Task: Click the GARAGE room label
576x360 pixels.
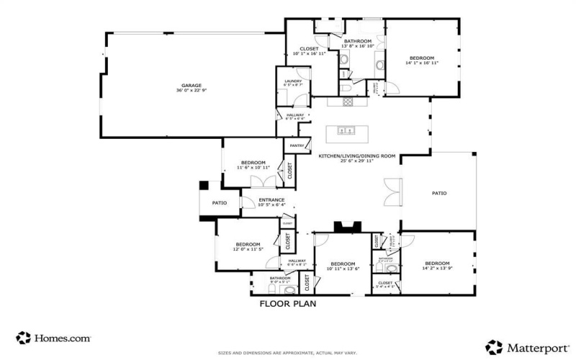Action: [191, 85]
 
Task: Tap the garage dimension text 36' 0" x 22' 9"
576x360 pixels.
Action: [191, 91]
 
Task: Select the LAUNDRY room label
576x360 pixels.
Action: [292, 81]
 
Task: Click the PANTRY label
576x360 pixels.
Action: [297, 145]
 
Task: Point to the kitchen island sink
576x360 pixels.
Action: [344, 131]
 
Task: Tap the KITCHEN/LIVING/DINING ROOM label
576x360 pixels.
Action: [357, 156]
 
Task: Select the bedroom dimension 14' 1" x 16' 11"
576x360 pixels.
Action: [422, 63]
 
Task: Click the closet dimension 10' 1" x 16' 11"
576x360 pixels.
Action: [309, 54]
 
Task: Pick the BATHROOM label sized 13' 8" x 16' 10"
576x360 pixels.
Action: [357, 41]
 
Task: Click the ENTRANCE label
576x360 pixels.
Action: [271, 199]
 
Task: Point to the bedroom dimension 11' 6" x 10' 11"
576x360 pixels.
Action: [253, 168]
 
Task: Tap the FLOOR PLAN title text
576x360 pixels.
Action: [288, 304]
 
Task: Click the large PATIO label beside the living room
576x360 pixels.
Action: [439, 193]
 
